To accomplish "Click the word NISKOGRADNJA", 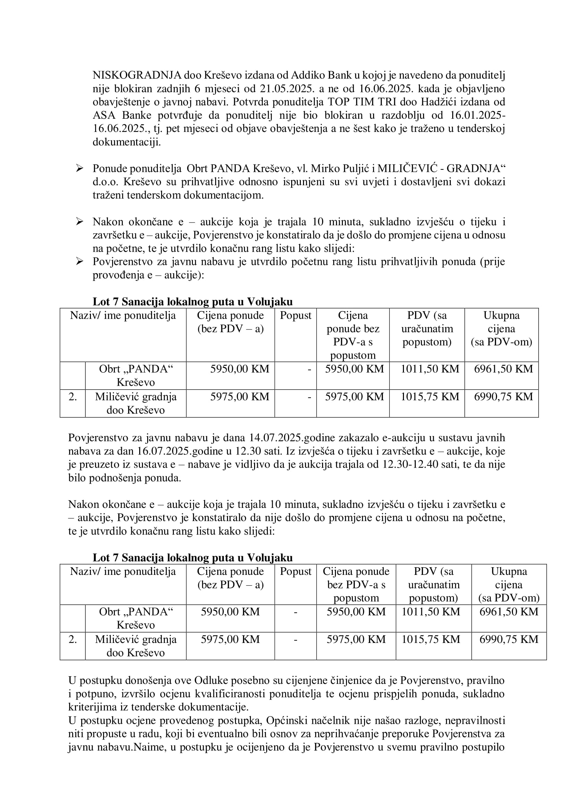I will click(x=137, y=75).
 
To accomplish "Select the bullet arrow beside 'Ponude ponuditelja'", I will click(x=79, y=168).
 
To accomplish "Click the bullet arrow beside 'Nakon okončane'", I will click(x=79, y=222).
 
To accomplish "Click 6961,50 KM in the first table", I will click(x=503, y=369).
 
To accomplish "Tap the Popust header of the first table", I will click(x=295, y=315).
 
